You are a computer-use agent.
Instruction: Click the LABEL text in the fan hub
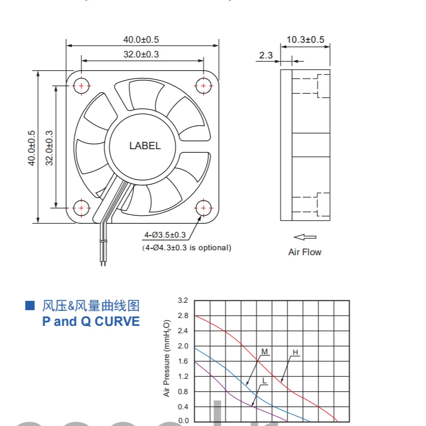pyautogui.click(x=145, y=146)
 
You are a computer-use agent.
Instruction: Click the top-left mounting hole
pyautogui.click(x=81, y=85)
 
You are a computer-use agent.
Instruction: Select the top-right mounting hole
pyautogui.click(x=203, y=85)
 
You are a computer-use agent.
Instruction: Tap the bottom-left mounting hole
pyautogui.click(x=81, y=208)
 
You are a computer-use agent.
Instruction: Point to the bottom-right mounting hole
pyautogui.click(x=203, y=208)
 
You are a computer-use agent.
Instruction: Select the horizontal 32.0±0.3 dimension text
pyautogui.click(x=141, y=54)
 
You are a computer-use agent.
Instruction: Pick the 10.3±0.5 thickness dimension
pyautogui.click(x=305, y=40)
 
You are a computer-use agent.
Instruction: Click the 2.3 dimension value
pyautogui.click(x=266, y=55)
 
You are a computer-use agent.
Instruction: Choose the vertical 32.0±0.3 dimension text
pyautogui.click(x=50, y=148)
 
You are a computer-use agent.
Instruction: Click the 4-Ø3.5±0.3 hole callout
pyautogui.click(x=165, y=235)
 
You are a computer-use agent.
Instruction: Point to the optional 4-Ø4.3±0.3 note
pyautogui.click(x=186, y=247)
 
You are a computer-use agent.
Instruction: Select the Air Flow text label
pyautogui.click(x=305, y=252)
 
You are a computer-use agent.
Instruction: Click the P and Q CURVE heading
pyautogui.click(x=91, y=321)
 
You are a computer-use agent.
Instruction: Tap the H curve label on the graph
pyautogui.click(x=295, y=352)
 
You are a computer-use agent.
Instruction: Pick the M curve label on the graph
pyautogui.click(x=265, y=352)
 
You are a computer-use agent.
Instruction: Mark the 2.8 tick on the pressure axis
pyautogui.click(x=183, y=316)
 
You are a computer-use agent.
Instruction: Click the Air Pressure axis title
pyautogui.click(x=167, y=358)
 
